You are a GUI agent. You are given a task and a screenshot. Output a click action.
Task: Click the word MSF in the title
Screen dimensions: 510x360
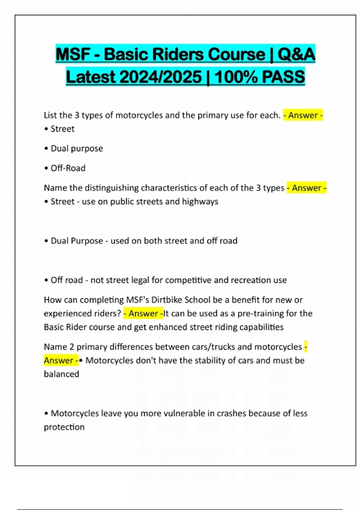click(x=73, y=55)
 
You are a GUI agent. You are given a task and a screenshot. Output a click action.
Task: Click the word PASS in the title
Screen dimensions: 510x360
click(x=283, y=77)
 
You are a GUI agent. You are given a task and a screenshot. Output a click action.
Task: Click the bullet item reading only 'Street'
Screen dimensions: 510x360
click(x=62, y=129)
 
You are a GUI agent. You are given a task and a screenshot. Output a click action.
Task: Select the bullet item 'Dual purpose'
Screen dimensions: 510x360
click(x=77, y=148)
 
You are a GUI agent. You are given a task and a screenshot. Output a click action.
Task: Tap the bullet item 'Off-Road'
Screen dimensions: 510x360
click(x=68, y=168)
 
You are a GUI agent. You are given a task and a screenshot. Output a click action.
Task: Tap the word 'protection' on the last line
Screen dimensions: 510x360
click(x=64, y=427)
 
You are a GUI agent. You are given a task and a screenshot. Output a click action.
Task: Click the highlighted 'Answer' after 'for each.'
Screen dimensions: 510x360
click(x=303, y=115)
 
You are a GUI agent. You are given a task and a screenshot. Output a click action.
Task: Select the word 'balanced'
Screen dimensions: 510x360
click(x=61, y=374)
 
